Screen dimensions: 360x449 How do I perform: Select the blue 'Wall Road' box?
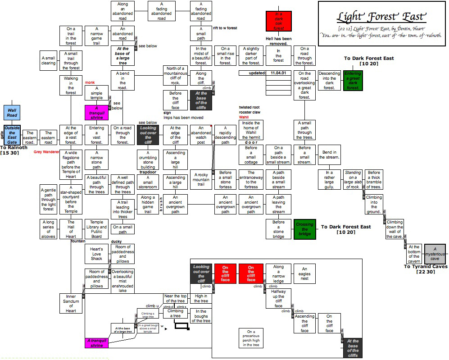12,112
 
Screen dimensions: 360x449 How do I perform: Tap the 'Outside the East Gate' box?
12,135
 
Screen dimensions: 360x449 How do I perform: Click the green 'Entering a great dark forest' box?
353,81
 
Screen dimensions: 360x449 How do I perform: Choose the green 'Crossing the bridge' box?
304,228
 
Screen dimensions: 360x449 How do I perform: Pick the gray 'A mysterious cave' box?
435,254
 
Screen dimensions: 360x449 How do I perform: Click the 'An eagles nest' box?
304,273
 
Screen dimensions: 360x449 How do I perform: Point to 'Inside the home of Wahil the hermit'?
251,130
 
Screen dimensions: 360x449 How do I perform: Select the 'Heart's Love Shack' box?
96,254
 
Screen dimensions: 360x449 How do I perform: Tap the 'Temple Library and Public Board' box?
96,229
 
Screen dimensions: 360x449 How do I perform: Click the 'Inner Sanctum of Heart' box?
71,304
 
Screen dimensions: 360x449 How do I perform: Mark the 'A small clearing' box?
48,60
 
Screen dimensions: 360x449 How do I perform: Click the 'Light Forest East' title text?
381,17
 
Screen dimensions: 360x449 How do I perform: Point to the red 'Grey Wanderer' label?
46,152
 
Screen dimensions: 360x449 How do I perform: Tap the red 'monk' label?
90,82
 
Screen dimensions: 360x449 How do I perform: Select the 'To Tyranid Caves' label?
425,266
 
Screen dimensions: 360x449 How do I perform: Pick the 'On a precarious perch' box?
251,338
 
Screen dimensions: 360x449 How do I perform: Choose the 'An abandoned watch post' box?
201,135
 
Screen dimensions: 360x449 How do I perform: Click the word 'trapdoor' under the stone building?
147,172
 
